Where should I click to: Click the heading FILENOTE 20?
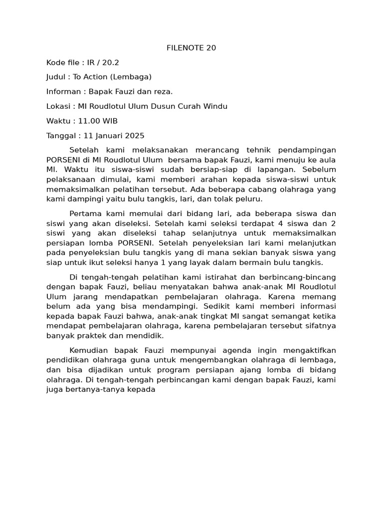pyautogui.click(x=191, y=48)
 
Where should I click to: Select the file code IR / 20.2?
pyautogui.click(x=103, y=62)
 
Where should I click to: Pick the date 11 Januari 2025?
pyautogui.click(x=114, y=135)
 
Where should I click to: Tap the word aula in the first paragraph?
pyautogui.click(x=327, y=160)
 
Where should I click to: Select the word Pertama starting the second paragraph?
pyautogui.click(x=85, y=214)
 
